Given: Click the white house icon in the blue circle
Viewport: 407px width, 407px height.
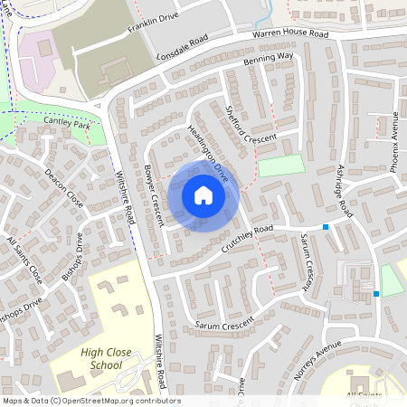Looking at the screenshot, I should (x=203, y=195).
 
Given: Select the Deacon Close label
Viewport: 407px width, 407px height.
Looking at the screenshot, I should (x=63, y=188).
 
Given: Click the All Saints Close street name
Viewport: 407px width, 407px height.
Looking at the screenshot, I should (x=24, y=259).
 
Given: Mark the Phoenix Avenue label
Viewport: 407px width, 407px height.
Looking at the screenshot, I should (x=394, y=141).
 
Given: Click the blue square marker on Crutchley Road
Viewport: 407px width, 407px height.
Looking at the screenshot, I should (x=326, y=226).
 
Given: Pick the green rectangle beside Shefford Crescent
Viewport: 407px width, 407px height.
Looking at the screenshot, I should (x=282, y=166).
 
